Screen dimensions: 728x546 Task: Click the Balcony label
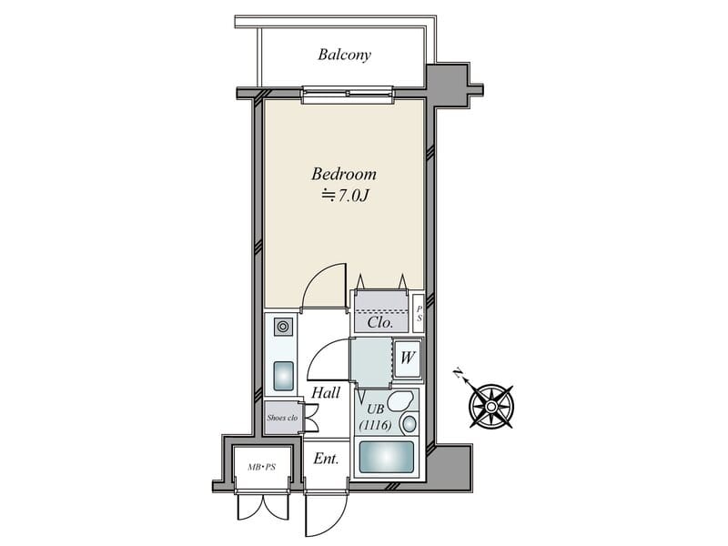[x=345, y=55]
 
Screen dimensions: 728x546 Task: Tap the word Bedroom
[x=344, y=174]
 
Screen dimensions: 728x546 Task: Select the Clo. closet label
[x=380, y=323]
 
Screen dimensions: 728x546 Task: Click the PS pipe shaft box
[x=419, y=313]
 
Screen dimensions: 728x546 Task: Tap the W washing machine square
[x=408, y=359]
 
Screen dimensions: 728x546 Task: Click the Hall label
[x=326, y=393]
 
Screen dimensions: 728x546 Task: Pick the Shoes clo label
[x=282, y=418]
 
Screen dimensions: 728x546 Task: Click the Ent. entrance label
[x=326, y=459]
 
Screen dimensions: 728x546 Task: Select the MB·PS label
[x=262, y=468]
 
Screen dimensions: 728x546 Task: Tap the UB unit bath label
[x=376, y=409]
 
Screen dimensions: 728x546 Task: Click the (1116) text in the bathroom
[x=376, y=425]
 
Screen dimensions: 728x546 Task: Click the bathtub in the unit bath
[x=387, y=457]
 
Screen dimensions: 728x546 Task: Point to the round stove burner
[x=283, y=327]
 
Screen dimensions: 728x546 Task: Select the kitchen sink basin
[x=283, y=376]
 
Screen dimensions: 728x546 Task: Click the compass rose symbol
[x=491, y=407]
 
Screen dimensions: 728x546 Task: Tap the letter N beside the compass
[x=459, y=373]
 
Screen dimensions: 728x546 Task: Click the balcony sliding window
[x=349, y=96]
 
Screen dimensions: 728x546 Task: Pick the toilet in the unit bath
[x=399, y=400]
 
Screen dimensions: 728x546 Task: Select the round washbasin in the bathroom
[x=409, y=424]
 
